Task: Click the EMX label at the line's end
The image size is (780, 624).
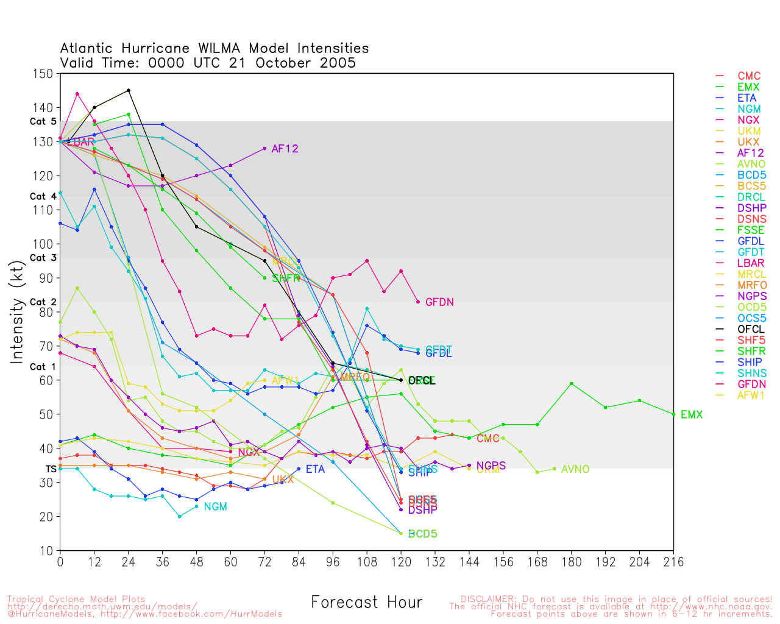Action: click(691, 415)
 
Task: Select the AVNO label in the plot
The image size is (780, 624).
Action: click(575, 469)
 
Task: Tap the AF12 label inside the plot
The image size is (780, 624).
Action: click(285, 149)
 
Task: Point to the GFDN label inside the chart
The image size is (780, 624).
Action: click(439, 302)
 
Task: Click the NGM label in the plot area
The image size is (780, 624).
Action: click(215, 507)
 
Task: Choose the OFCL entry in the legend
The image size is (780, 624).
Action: click(750, 330)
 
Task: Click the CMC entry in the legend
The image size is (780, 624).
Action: click(749, 76)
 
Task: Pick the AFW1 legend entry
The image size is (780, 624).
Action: click(751, 395)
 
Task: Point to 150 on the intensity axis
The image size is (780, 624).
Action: click(44, 74)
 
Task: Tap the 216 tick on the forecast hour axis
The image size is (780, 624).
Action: click(673, 562)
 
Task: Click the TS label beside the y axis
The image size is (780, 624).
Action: click(51, 469)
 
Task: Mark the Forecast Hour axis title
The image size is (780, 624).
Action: click(366, 603)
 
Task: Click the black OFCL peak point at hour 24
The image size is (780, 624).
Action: click(128, 90)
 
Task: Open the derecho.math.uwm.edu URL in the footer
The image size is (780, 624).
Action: click(102, 606)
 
